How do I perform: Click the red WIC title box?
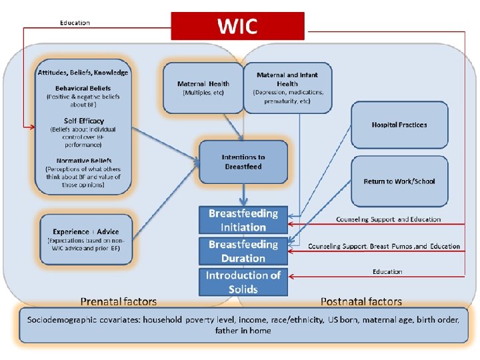tap(237, 26)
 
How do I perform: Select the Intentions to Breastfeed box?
tap(243, 162)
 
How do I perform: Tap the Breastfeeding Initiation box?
tap(243, 220)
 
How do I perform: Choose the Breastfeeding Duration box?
tap(243, 251)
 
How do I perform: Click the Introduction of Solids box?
tap(243, 282)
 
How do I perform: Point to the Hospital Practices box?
tap(399, 125)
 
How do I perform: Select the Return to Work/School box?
tap(399, 181)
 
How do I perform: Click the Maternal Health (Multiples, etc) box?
tap(203, 87)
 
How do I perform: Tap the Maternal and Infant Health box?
tap(287, 87)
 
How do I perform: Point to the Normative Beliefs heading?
tap(83, 161)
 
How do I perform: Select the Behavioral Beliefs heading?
tap(83, 88)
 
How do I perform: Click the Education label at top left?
tap(75, 23)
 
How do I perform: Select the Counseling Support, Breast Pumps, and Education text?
tap(384, 247)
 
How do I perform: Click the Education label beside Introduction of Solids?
tap(387, 271)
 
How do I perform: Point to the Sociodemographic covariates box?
tap(243, 325)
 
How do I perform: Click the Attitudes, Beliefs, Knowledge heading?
tap(83, 72)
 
